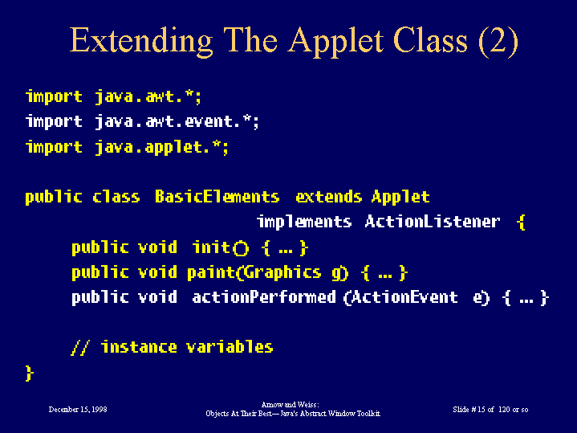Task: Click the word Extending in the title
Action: [x=141, y=41]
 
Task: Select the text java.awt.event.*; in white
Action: [x=177, y=121]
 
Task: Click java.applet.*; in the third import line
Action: [x=162, y=148]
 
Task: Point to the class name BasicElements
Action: [x=217, y=196]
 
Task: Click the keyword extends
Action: [x=328, y=196]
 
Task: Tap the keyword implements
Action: [x=304, y=223]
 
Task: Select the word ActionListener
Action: [x=433, y=222]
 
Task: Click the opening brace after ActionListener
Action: [x=521, y=223]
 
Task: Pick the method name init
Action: [x=211, y=247]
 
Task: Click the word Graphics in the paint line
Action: [x=282, y=273]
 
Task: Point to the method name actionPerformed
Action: [x=264, y=297]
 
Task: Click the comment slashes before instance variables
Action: [x=80, y=348]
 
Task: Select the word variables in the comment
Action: [x=230, y=347]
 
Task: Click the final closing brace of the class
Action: [x=30, y=373]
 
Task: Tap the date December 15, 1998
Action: [x=78, y=410]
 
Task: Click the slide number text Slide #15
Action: [x=469, y=410]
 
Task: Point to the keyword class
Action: [x=116, y=196]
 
